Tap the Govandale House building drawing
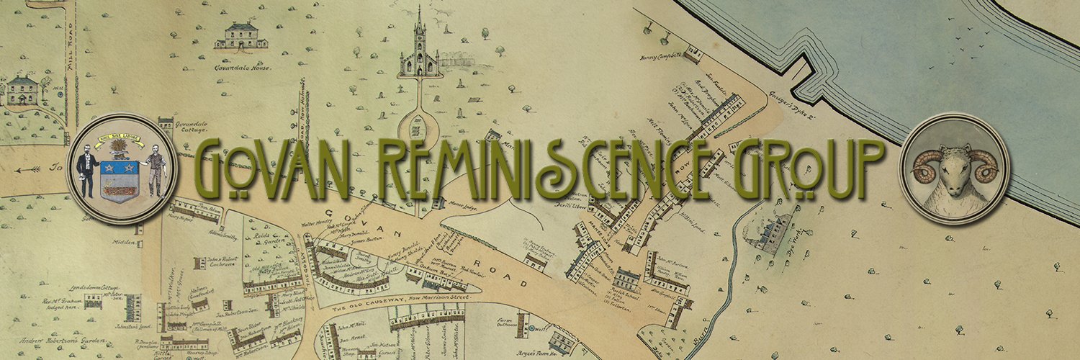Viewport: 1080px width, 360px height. click(241, 36)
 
